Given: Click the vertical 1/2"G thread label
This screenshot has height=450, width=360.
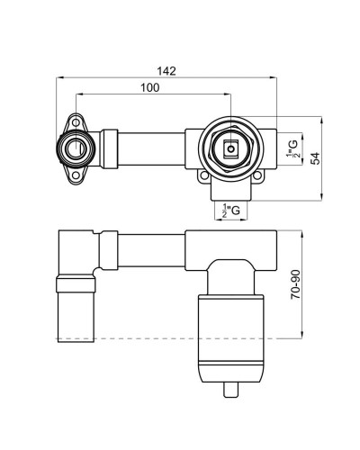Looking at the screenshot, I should (x=292, y=146).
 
